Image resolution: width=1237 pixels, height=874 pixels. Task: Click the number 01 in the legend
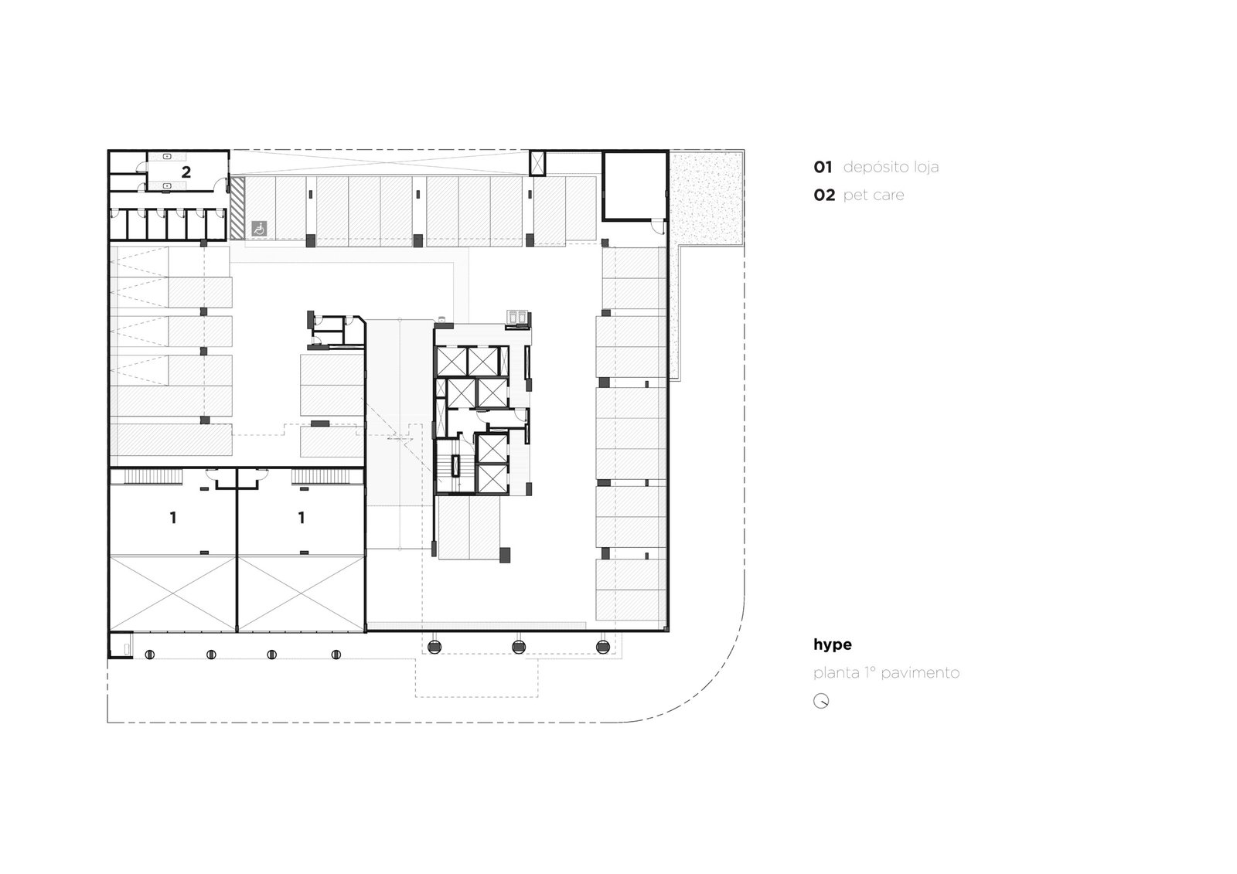coord(823,167)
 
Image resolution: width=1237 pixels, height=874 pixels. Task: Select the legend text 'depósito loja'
coord(891,167)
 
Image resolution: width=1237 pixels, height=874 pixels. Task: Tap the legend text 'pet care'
coord(873,196)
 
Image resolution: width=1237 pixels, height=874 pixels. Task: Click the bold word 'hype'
coord(832,644)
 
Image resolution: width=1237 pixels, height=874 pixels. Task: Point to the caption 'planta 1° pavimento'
coord(886,673)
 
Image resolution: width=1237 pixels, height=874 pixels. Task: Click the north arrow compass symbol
coord(821,701)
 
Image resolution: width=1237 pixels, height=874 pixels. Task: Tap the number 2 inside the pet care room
coord(186,172)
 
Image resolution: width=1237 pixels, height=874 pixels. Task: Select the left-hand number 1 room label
coord(173,518)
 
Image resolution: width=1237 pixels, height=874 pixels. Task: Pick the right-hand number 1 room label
coord(301,518)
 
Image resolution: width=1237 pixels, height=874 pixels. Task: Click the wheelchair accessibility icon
coord(259,228)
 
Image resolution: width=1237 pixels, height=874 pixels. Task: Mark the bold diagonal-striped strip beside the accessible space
coord(237,208)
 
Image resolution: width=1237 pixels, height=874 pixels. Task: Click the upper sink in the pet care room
coord(167,158)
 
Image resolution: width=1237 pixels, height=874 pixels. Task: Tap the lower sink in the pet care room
coord(167,186)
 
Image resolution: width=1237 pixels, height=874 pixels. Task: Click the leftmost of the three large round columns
coord(434,647)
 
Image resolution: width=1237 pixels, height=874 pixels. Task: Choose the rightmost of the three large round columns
coord(602,647)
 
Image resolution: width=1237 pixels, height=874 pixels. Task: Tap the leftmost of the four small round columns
coord(150,655)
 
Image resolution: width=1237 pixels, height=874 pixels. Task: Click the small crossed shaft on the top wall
coord(537,163)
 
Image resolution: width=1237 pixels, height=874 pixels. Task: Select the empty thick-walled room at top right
coord(635,186)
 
